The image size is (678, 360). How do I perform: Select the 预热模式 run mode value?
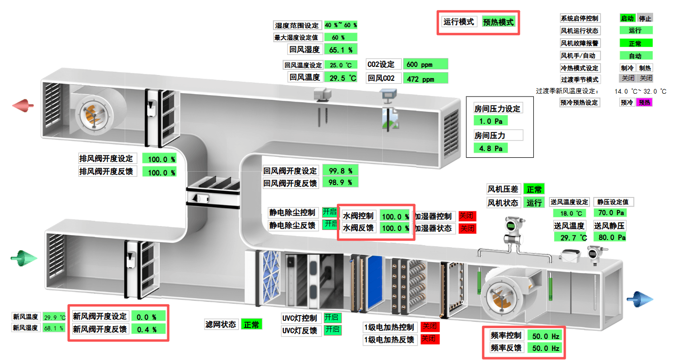(498, 22)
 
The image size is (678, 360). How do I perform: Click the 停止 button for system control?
(645, 18)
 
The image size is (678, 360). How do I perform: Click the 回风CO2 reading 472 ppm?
(425, 78)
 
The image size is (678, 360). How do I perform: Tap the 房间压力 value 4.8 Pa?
(490, 148)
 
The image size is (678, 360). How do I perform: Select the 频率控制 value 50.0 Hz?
(545, 336)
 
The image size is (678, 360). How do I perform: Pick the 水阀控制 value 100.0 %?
(395, 216)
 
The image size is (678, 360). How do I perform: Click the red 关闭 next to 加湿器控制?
(467, 216)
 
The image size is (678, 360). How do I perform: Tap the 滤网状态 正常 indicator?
(251, 325)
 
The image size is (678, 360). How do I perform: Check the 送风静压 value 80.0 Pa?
(610, 237)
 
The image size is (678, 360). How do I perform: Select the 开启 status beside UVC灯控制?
(332, 317)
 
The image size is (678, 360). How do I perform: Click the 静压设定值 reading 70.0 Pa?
(610, 213)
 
